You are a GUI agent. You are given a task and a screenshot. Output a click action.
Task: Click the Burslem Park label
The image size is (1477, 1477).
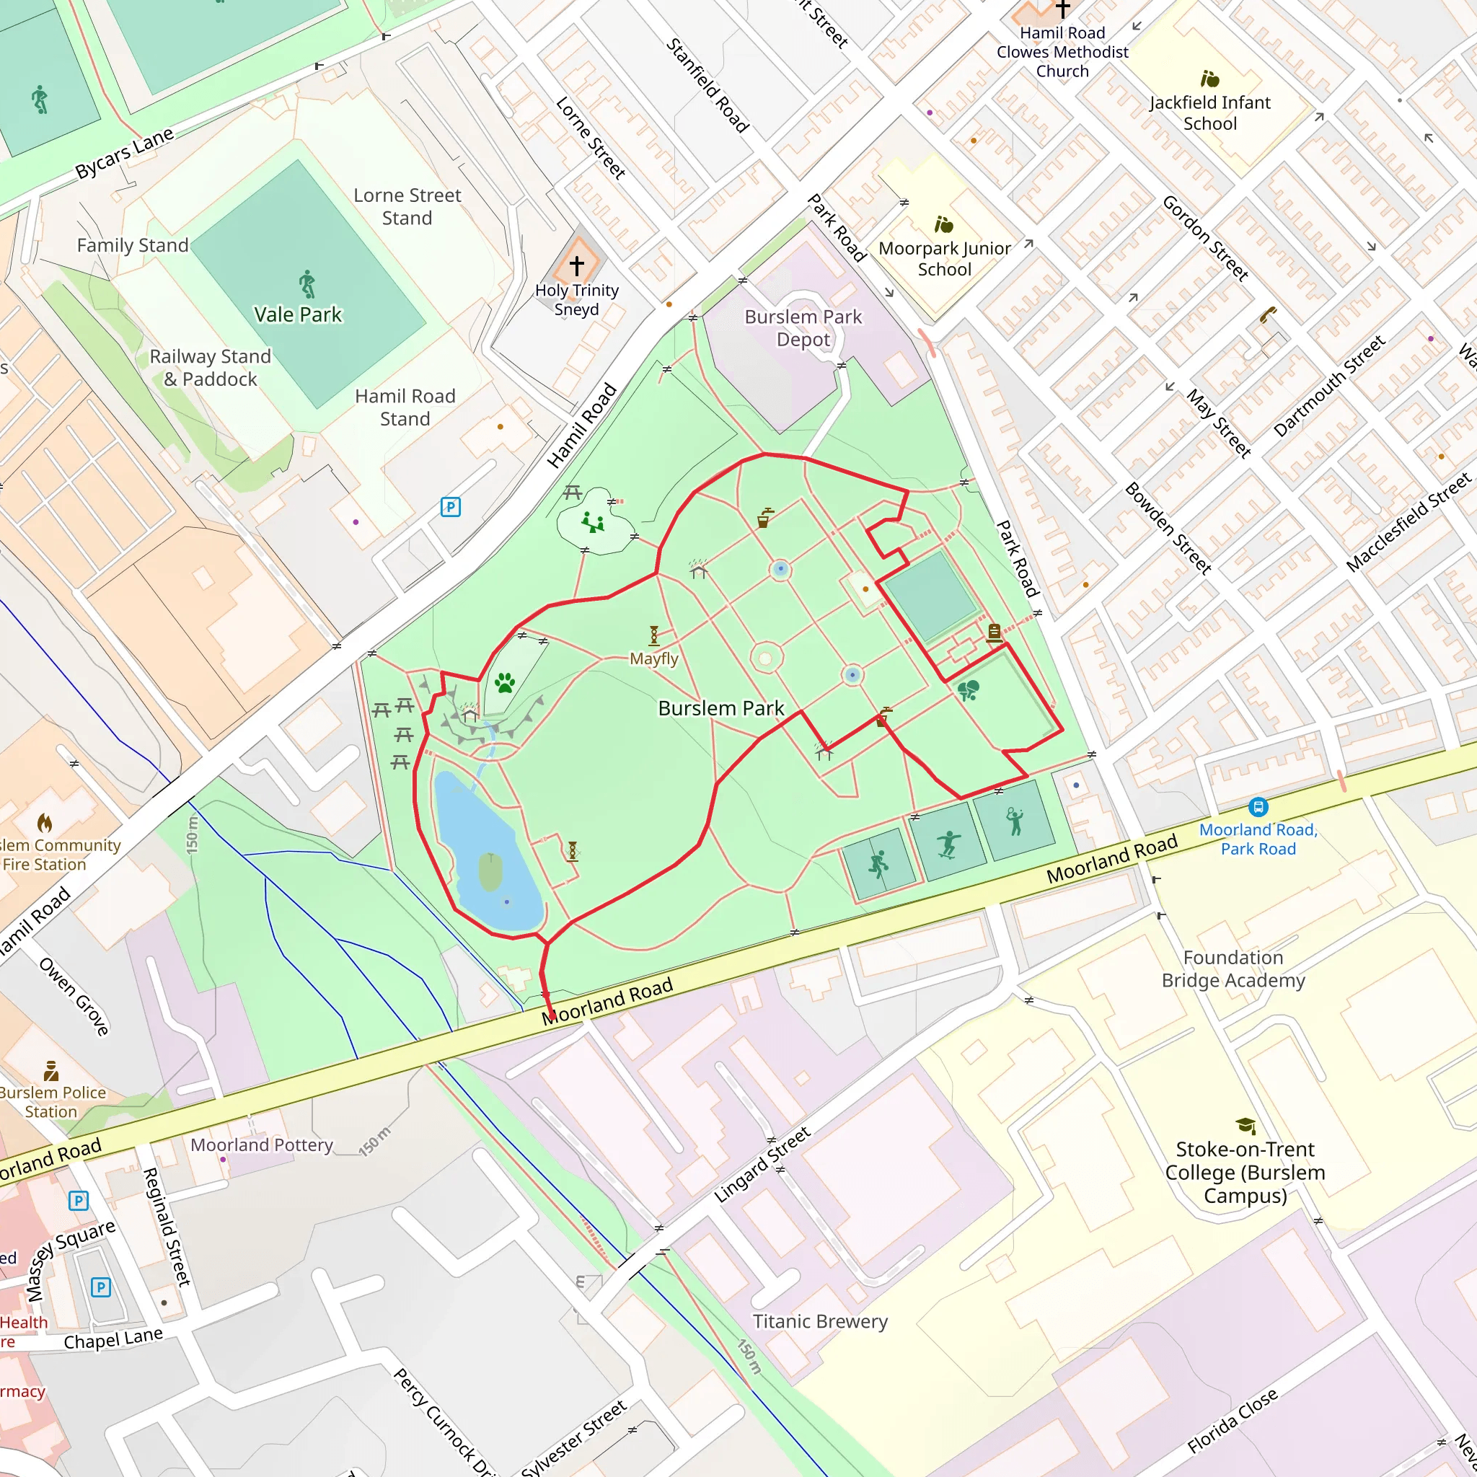[721, 708]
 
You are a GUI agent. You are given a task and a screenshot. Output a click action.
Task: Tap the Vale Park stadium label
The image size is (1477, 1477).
[297, 314]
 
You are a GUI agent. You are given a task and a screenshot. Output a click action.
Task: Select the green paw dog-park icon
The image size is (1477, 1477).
[505, 682]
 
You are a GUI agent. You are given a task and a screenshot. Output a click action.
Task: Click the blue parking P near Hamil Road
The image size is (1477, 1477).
[450, 507]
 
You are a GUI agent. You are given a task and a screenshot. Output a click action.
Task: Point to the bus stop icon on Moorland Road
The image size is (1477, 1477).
[1258, 807]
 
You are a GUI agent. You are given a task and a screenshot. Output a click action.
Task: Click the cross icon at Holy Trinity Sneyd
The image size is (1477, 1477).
[576, 265]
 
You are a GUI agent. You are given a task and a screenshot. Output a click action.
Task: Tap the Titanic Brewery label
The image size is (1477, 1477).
[819, 1321]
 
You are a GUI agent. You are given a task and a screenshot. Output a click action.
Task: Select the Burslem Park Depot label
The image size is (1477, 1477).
[803, 328]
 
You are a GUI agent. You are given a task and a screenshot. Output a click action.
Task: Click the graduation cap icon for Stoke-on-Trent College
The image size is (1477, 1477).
[1245, 1125]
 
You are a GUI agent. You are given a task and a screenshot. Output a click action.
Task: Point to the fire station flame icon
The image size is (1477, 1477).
[44, 823]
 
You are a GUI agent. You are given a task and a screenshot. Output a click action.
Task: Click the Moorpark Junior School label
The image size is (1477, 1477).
[944, 258]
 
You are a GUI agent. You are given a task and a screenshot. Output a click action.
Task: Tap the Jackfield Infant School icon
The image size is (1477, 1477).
[1209, 79]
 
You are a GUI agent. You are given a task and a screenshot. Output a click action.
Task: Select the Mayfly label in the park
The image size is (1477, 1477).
[653, 658]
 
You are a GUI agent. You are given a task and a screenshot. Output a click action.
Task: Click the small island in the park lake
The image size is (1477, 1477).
[490, 873]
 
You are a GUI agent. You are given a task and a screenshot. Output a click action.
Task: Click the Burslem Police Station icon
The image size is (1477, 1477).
[51, 1070]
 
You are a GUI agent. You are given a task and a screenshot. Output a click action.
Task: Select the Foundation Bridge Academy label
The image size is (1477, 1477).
[1233, 969]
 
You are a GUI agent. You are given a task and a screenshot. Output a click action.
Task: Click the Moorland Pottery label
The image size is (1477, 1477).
[262, 1145]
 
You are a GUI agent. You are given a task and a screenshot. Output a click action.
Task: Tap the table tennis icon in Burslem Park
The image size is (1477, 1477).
[968, 691]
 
